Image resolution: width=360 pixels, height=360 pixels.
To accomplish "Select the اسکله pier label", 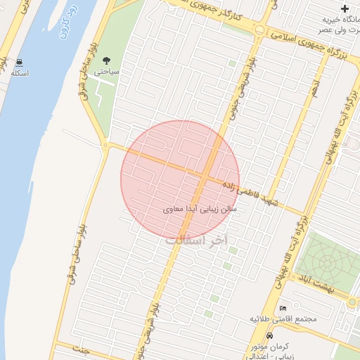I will click(20, 74).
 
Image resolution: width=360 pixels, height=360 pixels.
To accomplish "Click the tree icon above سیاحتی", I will click(106, 61).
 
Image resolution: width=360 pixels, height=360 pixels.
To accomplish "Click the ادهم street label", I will click(314, 90).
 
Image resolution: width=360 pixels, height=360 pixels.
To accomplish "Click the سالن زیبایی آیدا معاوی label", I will click(200, 209).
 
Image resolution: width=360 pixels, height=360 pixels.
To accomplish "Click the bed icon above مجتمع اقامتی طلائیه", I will click(283, 309).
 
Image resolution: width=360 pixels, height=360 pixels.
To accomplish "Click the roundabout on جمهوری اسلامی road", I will click(260, 30).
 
